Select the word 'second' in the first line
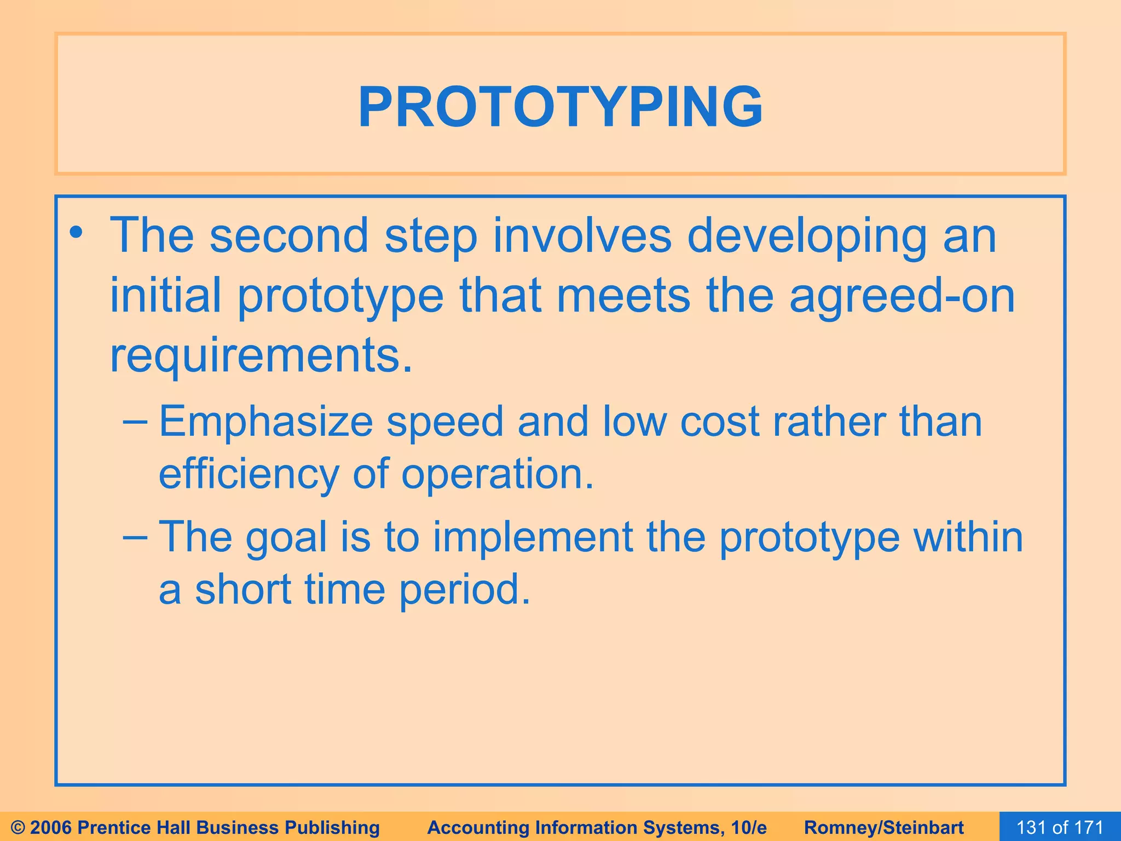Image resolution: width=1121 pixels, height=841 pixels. coord(290,236)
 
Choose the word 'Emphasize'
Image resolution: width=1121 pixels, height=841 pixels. coord(266,423)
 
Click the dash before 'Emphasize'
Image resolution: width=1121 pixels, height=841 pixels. coord(135,422)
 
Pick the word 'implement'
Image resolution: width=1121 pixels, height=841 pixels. coord(533,537)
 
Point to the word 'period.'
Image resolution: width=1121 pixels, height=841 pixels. coord(465,590)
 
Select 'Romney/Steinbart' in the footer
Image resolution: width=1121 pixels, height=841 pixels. coord(884,827)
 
